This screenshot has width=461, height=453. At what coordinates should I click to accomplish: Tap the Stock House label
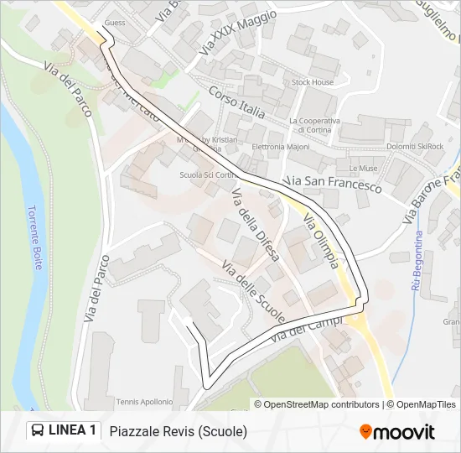pyautogui.click(x=312, y=82)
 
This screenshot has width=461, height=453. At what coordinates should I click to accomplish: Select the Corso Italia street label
pyautogui.click(x=237, y=102)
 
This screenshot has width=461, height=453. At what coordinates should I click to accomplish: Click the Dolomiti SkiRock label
pyautogui.click(x=415, y=147)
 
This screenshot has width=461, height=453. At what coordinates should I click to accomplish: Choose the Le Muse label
pyautogui.click(x=363, y=169)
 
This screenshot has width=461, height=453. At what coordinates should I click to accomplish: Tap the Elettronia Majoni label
pyautogui.click(x=281, y=147)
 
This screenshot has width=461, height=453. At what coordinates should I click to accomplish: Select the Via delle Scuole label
pyautogui.click(x=254, y=292)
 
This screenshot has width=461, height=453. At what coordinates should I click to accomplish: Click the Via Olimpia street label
pyautogui.click(x=322, y=243)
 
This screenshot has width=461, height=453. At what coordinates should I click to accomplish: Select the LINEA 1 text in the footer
pyautogui.click(x=72, y=430)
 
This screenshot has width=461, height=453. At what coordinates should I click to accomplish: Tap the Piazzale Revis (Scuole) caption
pyautogui.click(x=178, y=431)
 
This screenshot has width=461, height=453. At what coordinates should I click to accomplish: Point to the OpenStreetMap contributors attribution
pyautogui.click(x=321, y=404)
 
